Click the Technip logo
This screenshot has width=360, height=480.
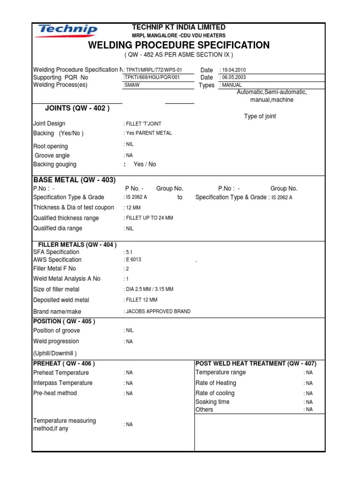pos(67,31)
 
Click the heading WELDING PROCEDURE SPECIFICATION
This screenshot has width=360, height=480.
pos(179,45)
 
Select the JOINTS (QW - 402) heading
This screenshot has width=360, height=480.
pos(77,108)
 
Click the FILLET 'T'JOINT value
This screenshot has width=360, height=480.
pos(142,124)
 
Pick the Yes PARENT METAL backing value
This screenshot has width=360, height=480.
pos(148,133)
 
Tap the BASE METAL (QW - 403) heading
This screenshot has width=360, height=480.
pos(74,180)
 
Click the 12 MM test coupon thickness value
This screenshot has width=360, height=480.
pos(132,208)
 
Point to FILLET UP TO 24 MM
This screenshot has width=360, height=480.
pos(148,218)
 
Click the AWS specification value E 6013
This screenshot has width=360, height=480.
pos(132,260)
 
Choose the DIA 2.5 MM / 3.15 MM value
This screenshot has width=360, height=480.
pos(149,289)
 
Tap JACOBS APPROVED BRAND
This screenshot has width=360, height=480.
pos(157,311)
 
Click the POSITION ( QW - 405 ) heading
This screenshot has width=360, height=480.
pos(64,322)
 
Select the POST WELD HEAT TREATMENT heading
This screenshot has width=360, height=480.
pos(255,363)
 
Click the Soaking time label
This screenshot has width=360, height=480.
pos(212,402)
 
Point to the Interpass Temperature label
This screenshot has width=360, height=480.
pos(63,383)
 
